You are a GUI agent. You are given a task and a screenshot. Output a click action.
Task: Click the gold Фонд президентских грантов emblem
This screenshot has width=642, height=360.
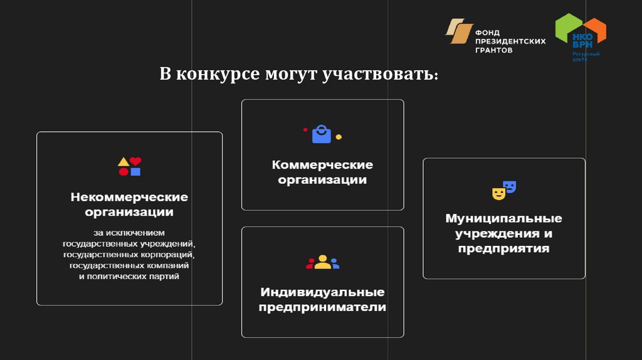click(459, 31)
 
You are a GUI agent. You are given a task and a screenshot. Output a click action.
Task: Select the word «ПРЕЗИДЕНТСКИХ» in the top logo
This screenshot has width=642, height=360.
click(510, 41)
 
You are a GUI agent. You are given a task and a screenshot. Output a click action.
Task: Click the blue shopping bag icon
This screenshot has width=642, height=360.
click(322, 134)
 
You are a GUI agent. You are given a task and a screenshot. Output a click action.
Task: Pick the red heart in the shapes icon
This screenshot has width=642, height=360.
click(135, 161)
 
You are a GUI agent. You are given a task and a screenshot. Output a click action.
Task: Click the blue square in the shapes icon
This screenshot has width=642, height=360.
click(135, 171)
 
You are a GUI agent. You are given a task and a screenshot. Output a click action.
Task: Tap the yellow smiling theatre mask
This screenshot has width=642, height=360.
click(498, 193)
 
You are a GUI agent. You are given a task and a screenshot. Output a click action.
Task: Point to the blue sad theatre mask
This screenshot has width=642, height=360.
click(510, 186)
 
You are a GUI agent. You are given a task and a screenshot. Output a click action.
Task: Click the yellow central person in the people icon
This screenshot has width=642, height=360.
click(322, 262)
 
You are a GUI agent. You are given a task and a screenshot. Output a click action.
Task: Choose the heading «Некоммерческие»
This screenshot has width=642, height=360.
click(129, 197)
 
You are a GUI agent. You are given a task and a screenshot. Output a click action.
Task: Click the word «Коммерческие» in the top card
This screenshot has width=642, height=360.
click(322, 165)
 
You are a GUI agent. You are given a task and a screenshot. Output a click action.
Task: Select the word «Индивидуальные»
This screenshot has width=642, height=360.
click(322, 292)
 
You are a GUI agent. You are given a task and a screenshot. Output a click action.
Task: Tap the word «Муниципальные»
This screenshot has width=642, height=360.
click(503, 218)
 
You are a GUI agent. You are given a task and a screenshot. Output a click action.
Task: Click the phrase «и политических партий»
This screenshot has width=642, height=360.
click(129, 276)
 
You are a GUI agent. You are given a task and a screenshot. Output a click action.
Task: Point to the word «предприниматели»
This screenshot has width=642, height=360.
click(322, 307)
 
